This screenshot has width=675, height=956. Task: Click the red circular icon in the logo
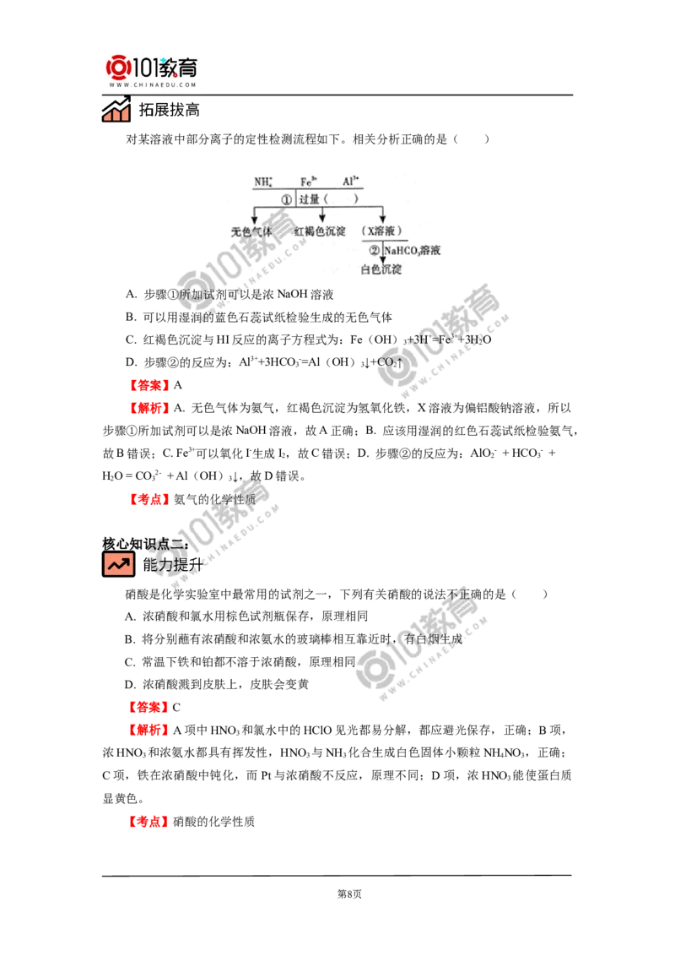(x=117, y=68)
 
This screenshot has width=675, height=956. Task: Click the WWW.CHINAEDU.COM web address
(x=152, y=85)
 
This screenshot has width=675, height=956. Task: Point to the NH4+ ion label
(x=263, y=182)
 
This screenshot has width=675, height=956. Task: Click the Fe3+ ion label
(x=309, y=182)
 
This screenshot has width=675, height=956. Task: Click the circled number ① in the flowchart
(x=286, y=199)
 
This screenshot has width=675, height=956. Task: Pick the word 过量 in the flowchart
(x=310, y=199)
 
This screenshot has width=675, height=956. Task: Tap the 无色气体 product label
(x=252, y=230)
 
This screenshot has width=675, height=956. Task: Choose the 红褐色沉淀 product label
(x=319, y=230)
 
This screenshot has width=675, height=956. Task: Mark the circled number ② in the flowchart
(x=375, y=250)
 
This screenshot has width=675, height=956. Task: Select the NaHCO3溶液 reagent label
(x=413, y=250)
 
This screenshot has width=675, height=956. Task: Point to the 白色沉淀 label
(x=381, y=270)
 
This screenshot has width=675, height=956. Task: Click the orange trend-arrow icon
(x=118, y=564)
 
